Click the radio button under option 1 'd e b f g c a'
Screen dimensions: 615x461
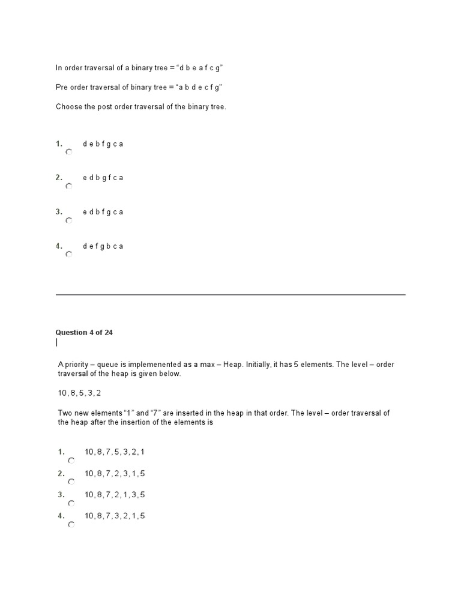[69, 153]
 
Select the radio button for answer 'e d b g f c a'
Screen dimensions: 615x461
[69, 187]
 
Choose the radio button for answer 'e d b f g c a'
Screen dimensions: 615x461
[69, 220]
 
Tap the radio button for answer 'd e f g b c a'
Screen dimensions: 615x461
[69, 255]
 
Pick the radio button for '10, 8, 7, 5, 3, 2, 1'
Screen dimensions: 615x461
[71, 461]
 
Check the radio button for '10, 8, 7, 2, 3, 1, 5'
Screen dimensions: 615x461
[71, 482]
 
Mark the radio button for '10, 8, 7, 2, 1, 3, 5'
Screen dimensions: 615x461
[71, 503]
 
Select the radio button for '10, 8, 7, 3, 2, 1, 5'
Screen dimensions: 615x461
[71, 524]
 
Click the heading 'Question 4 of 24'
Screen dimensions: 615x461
[84, 332]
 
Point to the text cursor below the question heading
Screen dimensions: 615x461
[57, 343]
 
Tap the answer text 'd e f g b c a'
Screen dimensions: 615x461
[103, 246]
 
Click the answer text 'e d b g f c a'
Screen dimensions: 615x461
[103, 178]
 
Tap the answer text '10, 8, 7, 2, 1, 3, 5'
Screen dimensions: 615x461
[115, 495]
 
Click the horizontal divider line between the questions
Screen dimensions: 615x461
[230, 294]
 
